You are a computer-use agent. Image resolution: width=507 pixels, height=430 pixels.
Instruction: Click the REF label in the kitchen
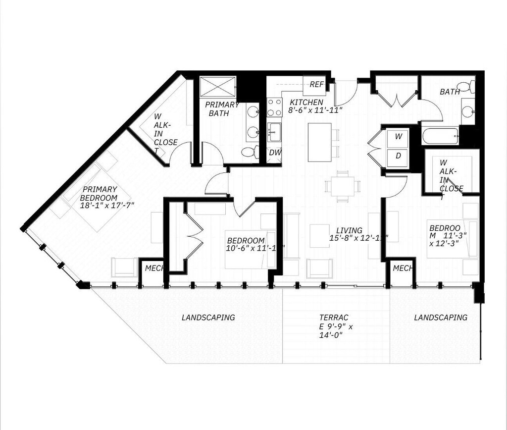(316, 85)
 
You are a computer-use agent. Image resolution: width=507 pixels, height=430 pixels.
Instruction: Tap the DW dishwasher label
(275, 153)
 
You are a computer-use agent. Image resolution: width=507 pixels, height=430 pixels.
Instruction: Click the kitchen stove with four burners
(274, 107)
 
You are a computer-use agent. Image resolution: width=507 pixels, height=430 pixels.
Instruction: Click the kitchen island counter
(319, 142)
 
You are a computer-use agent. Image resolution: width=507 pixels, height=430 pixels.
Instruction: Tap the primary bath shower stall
(218, 87)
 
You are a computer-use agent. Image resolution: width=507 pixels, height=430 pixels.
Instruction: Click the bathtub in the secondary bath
(440, 136)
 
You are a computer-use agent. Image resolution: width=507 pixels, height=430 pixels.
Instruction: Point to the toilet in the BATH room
(466, 87)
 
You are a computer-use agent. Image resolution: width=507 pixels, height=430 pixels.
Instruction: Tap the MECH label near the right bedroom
(403, 268)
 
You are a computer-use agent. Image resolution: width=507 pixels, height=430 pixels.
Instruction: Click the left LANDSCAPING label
(208, 318)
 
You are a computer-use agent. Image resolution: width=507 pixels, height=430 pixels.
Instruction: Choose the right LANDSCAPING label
(441, 318)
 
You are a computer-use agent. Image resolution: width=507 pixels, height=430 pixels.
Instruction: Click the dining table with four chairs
(343, 186)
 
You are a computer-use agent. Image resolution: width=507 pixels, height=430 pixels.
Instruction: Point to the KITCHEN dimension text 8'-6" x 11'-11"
(315, 110)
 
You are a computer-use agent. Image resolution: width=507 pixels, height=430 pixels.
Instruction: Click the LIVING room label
(349, 230)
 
